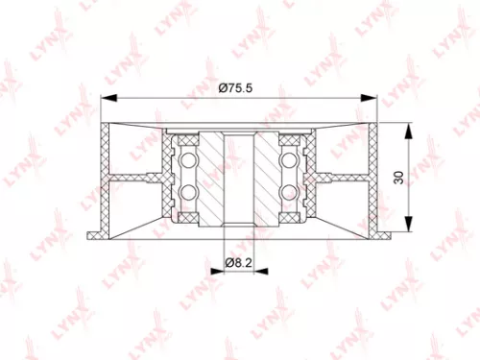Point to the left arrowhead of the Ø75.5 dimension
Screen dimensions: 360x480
[107, 96]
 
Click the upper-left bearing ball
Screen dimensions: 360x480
[189, 156]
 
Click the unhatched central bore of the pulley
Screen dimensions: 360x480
[238, 178]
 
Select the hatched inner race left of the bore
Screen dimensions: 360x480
[212, 178]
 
